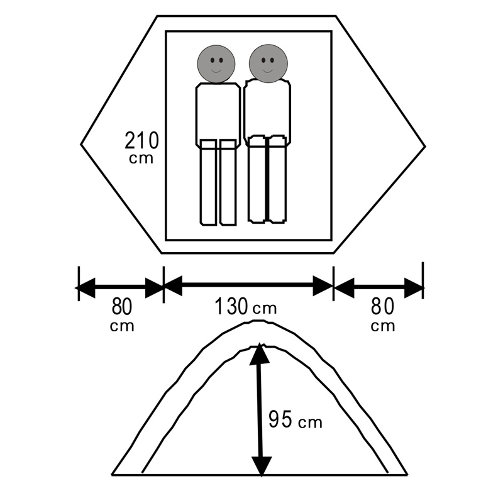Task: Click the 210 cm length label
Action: pos(141,148)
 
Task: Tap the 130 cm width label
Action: pos(245,306)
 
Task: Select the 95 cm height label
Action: pos(295,419)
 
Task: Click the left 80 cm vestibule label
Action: pos(122,315)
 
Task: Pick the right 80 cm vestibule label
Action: pos(383,315)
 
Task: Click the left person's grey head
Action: pos(216,64)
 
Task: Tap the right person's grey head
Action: pos(268,64)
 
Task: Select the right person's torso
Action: pos(267,111)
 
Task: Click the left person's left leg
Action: pos(208,182)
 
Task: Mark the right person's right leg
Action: pos(278,179)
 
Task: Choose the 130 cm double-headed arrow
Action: pos(248,285)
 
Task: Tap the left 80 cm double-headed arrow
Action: pos(120,288)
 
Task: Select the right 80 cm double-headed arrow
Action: pos(379,288)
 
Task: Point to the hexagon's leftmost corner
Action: pos(81,145)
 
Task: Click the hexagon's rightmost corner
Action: pos(426,146)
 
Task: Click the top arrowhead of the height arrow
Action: pos(260,352)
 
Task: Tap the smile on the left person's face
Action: pos(216,70)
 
